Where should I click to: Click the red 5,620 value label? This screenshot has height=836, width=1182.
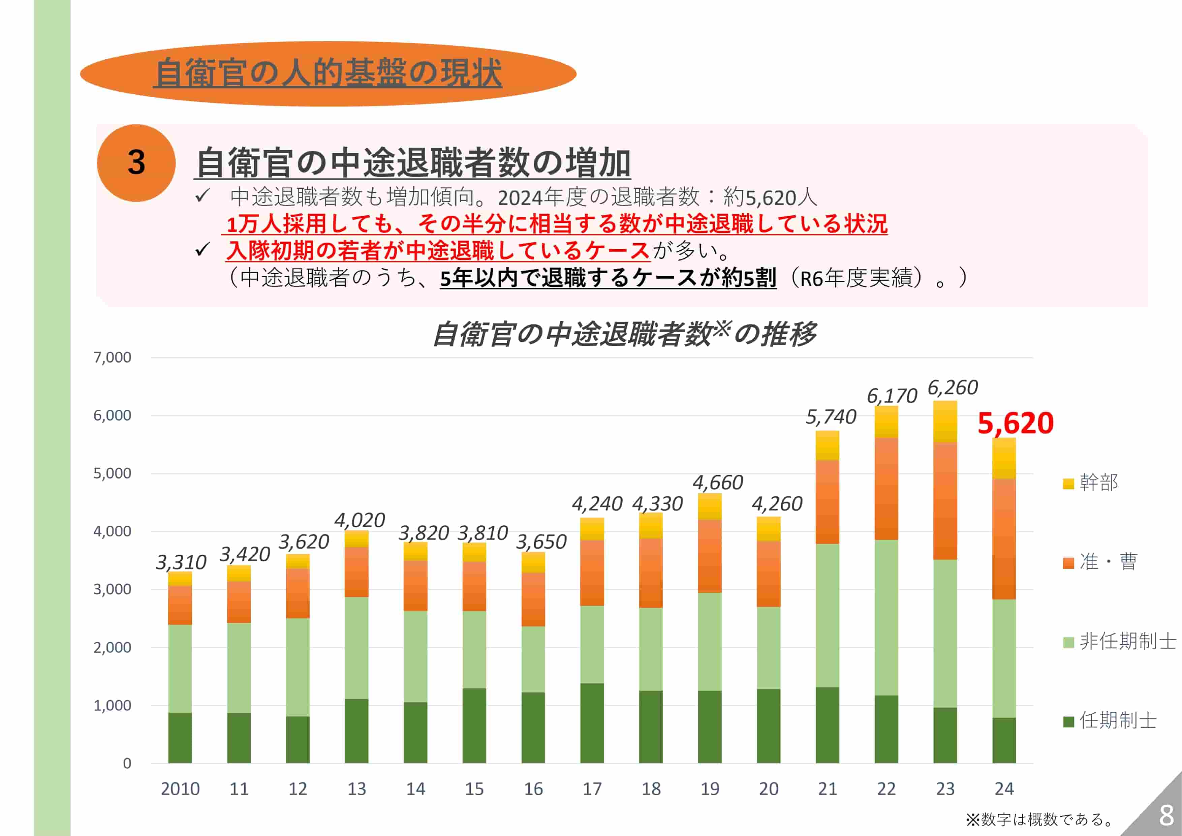click(1015, 423)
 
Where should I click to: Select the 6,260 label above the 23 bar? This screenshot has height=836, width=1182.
click(953, 388)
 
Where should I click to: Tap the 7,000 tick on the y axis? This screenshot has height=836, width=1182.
click(112, 357)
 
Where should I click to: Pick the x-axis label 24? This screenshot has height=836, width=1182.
click(1004, 788)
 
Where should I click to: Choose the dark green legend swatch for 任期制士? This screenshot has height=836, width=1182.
click(1068, 721)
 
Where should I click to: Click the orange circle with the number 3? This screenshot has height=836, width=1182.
click(136, 163)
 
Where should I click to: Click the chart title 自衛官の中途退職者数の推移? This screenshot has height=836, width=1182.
click(624, 334)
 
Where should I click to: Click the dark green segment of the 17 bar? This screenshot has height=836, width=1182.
click(592, 723)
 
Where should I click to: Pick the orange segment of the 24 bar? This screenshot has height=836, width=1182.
click(1004, 539)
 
